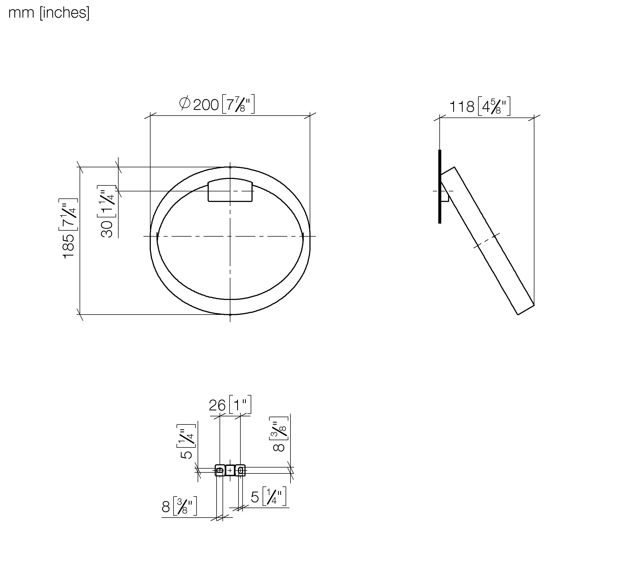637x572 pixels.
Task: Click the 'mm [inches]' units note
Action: coord(49,13)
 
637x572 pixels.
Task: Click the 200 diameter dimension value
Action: coord(206,105)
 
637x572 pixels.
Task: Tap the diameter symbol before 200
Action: coord(185,103)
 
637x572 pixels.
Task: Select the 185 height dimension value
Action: coord(69,246)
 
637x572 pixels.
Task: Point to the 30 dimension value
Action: coord(107,229)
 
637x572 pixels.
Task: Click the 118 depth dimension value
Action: coord(462,107)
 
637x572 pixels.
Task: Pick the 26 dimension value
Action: coord(217,406)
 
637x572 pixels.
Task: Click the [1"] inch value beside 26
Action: coord(240,404)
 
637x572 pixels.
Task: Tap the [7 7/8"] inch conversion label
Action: coord(238,104)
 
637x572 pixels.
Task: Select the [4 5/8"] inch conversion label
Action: coord(494,106)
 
